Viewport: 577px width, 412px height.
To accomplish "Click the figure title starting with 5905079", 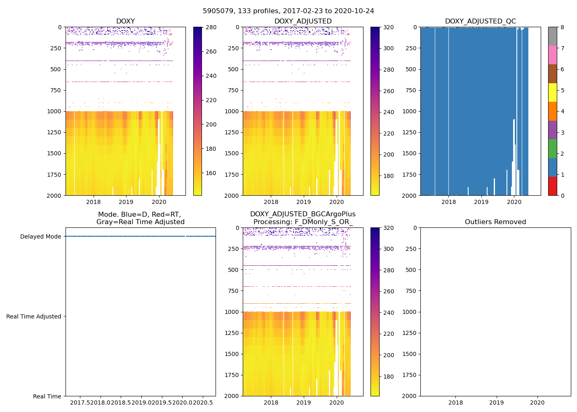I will coord(288,11).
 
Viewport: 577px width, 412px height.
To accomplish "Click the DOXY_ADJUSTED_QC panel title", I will coord(480,21).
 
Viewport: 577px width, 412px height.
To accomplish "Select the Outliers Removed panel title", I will coord(495,222).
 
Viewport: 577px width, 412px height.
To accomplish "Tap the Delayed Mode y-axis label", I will coord(40,236).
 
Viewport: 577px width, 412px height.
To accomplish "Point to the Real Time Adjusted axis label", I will coord(34,316).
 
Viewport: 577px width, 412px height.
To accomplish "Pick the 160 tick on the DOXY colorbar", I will coord(211,173).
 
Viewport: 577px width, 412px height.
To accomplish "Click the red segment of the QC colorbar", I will coord(552,186).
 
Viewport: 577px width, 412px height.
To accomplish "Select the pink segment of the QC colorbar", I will coord(552,55).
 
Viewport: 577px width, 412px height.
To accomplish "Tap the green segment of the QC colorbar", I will coord(552,149).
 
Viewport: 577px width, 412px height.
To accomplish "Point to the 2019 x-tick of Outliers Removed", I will coord(496,403).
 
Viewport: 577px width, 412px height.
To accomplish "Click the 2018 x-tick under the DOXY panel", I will coord(94,202).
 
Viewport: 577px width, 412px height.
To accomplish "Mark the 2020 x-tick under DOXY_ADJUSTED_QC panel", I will coord(514,202).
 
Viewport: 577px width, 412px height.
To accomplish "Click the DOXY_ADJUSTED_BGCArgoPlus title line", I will coord(303,214).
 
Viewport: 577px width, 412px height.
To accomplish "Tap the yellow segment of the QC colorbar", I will coord(552,92).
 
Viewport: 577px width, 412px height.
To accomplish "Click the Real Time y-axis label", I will coord(47,396).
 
